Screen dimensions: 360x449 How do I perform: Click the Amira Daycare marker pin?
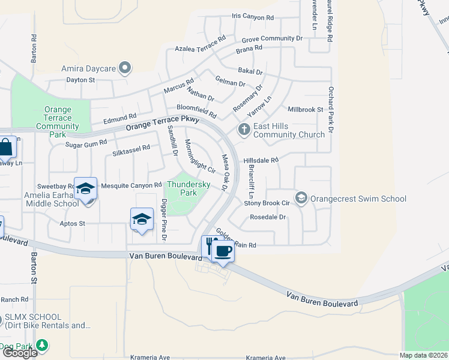click(125, 68)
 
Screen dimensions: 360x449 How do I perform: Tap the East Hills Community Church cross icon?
click(244, 130)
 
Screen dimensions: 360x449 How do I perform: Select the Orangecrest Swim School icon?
click(301, 198)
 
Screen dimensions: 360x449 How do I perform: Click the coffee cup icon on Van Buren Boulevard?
click(223, 251)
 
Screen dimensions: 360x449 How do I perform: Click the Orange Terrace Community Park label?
click(58, 122)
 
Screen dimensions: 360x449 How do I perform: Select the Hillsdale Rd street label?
click(261, 160)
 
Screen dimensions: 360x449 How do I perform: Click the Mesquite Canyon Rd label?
click(131, 185)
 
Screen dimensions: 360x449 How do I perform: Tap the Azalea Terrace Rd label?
click(200, 44)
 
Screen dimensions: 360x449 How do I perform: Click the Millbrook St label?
click(306, 109)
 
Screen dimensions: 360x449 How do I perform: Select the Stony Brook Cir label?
click(267, 203)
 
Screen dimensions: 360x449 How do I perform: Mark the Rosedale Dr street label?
click(268, 217)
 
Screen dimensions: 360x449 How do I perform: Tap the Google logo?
click(20, 353)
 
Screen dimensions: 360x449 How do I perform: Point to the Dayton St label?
click(80, 79)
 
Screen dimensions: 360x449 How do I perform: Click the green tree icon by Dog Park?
click(42, 345)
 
